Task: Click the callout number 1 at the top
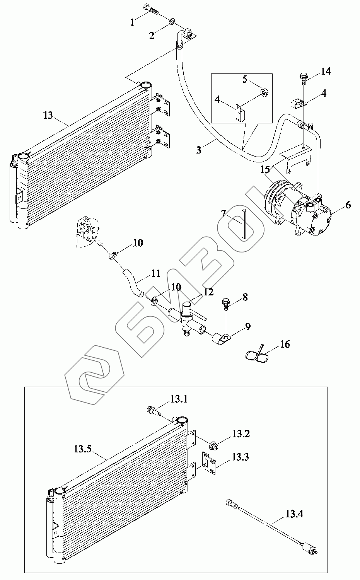coord(133,23)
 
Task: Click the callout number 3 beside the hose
coord(198,150)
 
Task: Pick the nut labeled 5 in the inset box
coord(264,92)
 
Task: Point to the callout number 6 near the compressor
coord(348,205)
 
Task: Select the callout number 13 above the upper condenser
coord(48,115)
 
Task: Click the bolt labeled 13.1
coord(154,411)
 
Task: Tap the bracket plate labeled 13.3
coord(210,461)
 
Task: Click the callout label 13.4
coord(294,514)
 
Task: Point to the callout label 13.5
coord(82,449)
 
